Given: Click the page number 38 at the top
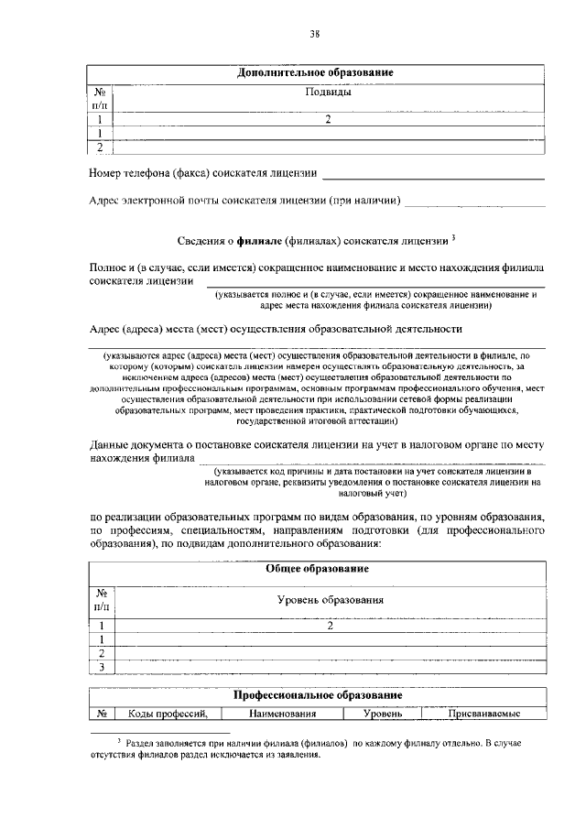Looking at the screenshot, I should point(314,35).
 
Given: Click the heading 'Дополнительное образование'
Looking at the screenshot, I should point(316,72).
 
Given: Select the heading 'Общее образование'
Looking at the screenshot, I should point(317,569).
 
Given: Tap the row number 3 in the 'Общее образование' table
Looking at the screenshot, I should point(101,667).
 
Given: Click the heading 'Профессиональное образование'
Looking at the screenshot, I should point(317,697).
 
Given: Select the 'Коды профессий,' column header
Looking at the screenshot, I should point(163,714).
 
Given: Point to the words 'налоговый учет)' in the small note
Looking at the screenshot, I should point(369,493).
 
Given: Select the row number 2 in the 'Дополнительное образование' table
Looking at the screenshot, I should point(101,147).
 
